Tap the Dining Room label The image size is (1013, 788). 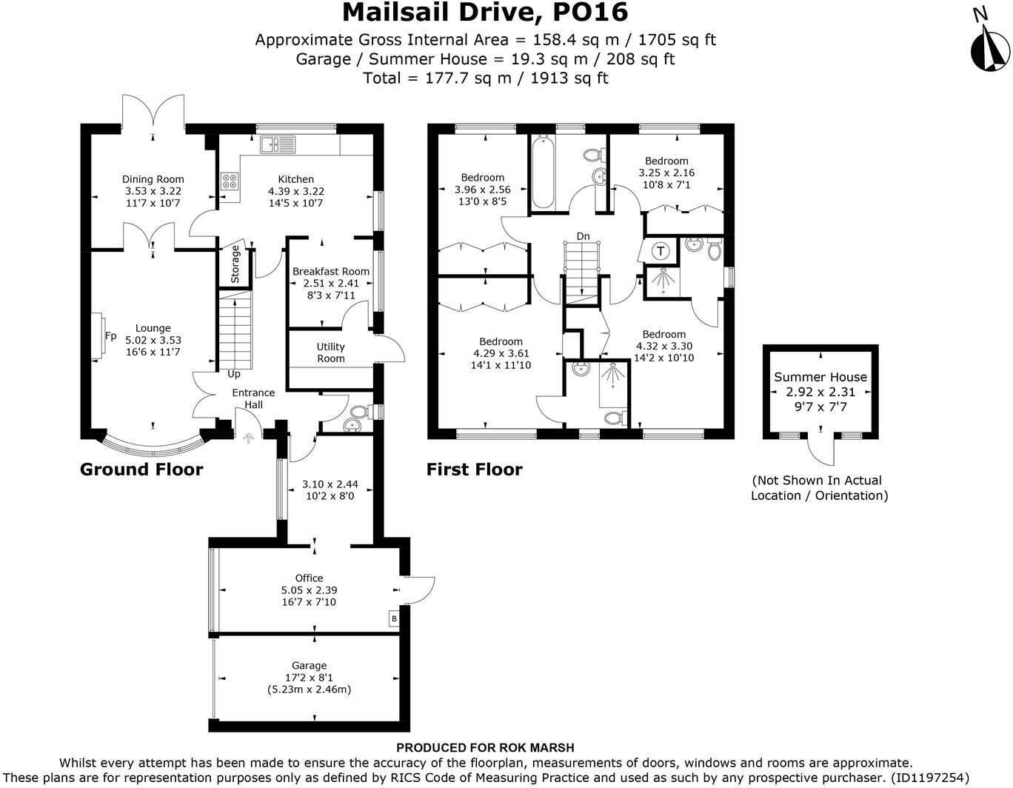tap(153, 179)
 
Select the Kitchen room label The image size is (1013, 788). tap(295, 179)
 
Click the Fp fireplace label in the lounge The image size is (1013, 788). tap(110, 336)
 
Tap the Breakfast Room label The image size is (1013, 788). tap(330, 272)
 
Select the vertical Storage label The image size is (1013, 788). tap(235, 264)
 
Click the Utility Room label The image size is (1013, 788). tap(330, 353)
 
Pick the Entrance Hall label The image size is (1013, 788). tap(253, 398)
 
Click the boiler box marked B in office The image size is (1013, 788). tap(394, 618)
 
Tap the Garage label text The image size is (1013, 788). tap(309, 666)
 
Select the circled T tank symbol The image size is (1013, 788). tap(661, 251)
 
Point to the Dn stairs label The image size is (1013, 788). tap(584, 236)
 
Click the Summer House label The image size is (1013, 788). tap(820, 377)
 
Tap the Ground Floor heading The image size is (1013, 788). tap(141, 470)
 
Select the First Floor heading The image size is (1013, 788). tap(474, 470)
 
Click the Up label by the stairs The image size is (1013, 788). tap(234, 374)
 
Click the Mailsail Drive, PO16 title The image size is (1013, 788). tap(485, 13)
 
